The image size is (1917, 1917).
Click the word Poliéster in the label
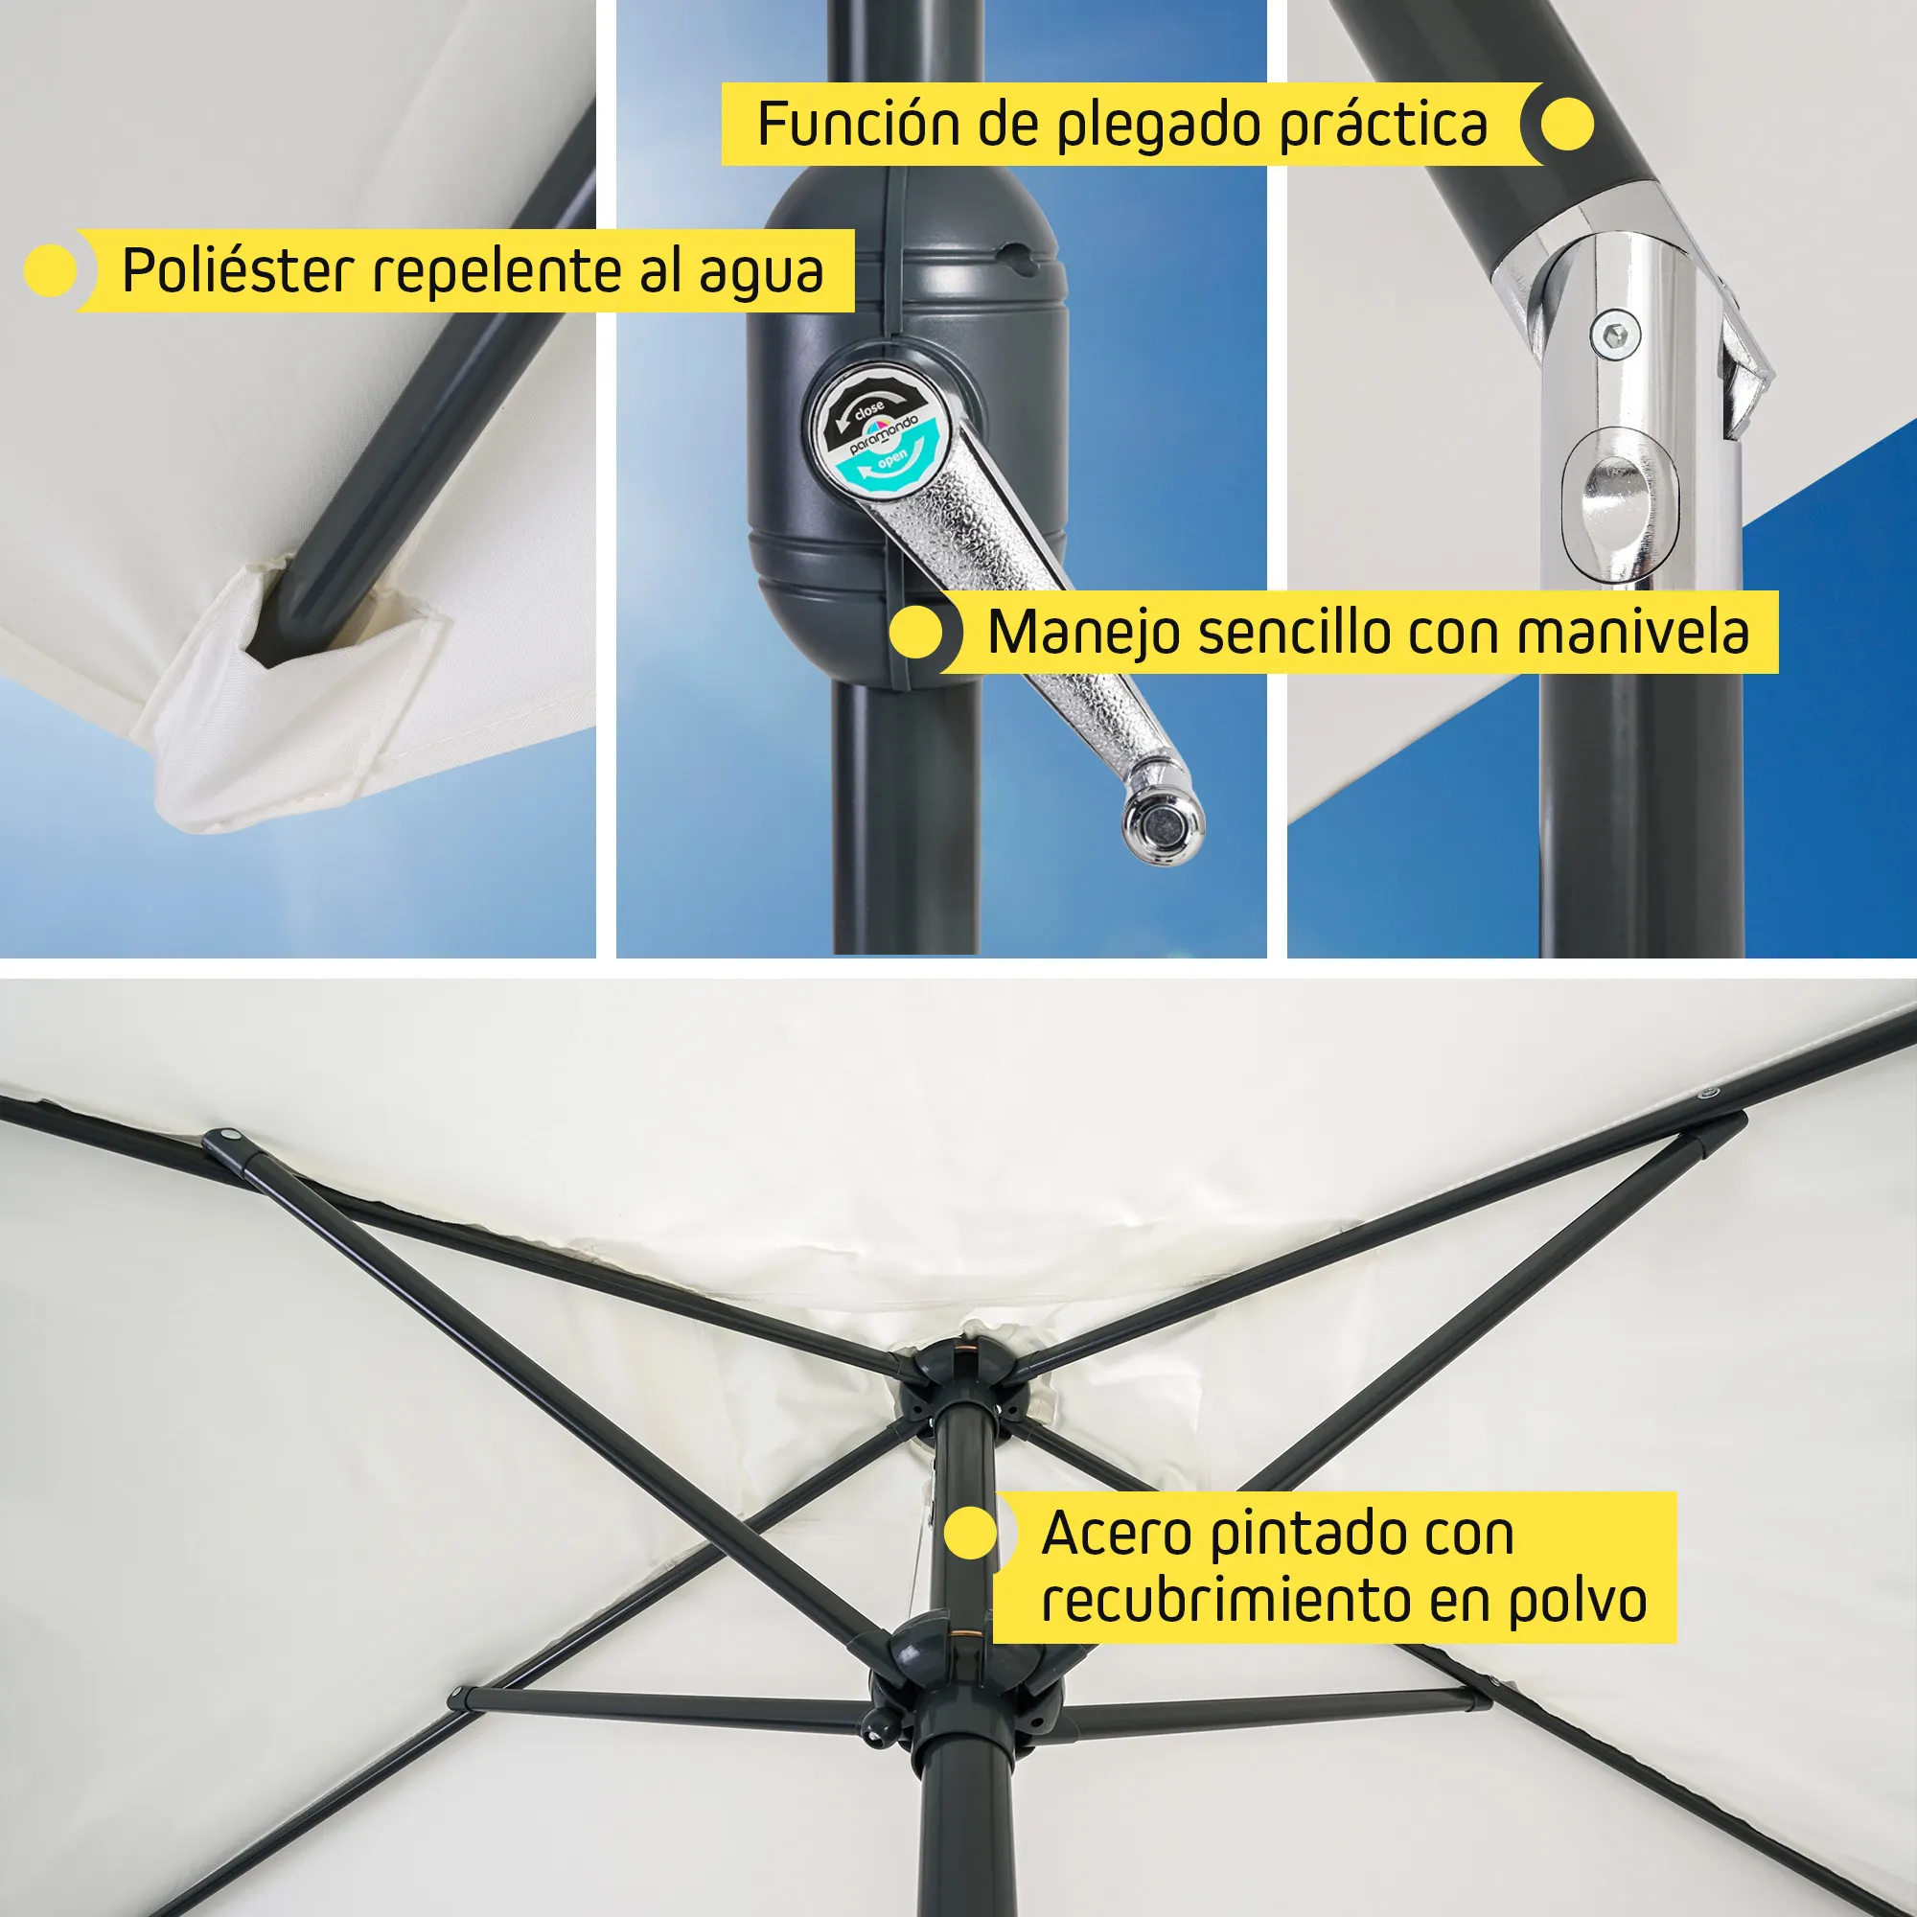coord(238,270)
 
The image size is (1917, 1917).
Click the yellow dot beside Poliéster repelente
coord(51,271)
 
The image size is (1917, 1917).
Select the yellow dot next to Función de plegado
coord(1568,124)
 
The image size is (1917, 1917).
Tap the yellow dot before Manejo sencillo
coord(915,632)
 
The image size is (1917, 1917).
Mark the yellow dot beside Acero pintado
coord(970,1534)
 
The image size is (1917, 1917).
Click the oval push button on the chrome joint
coord(1618,507)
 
